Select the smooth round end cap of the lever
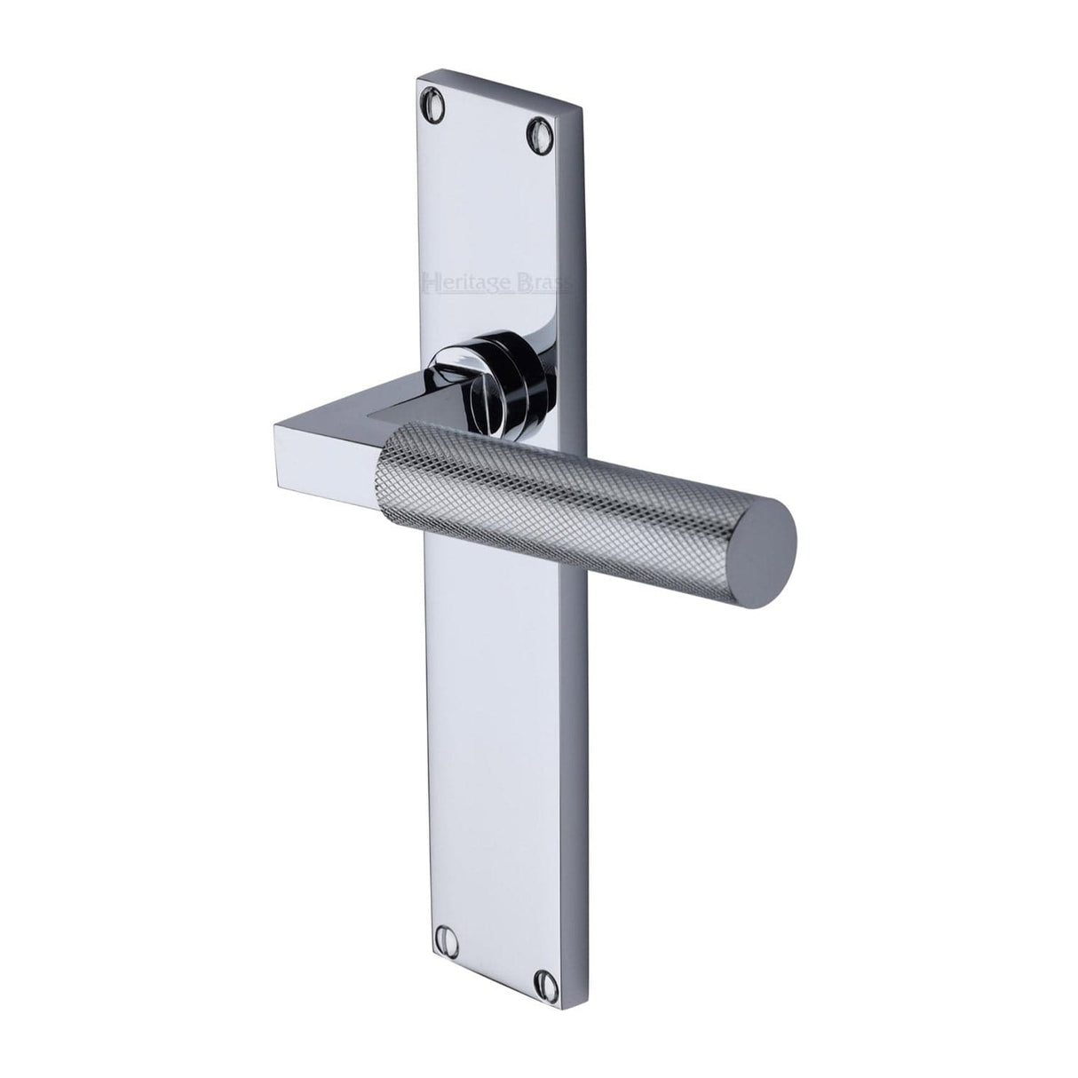tap(766, 539)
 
